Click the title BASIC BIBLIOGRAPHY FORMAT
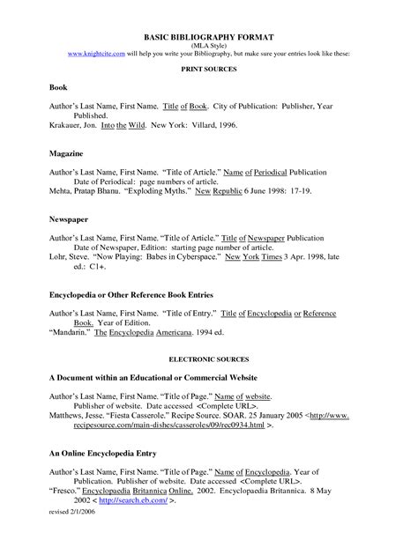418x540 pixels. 209,38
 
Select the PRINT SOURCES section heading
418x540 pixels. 208,68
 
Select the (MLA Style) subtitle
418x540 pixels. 208,46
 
